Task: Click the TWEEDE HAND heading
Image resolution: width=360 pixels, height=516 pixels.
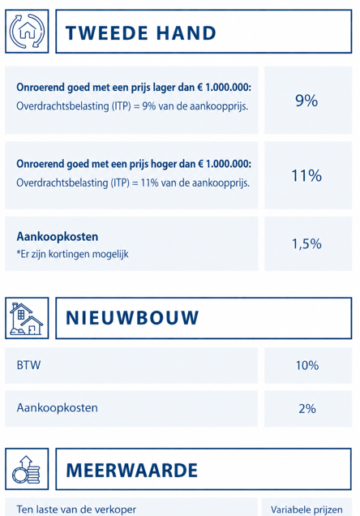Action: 141,33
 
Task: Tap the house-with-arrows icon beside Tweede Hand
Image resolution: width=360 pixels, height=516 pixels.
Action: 27,32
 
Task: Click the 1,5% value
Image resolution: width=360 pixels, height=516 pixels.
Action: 306,244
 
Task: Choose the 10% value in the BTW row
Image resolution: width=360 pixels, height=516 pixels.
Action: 307,365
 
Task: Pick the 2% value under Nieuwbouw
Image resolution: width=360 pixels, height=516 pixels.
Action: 307,409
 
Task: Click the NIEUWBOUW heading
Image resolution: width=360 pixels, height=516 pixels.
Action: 132,318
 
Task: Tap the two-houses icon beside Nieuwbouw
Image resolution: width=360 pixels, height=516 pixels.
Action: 27,319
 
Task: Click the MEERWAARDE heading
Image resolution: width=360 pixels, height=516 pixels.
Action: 131,470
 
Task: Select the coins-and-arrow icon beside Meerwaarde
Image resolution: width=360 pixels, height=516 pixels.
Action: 26,469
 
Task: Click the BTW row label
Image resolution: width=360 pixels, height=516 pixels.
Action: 28,365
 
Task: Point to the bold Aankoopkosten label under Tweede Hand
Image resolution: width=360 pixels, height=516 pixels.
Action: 58,237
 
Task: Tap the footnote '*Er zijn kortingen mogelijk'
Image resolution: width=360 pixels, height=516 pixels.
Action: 72,254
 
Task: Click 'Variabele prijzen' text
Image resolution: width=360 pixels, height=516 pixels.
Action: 306,510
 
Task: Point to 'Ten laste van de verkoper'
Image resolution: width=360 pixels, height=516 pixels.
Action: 76,510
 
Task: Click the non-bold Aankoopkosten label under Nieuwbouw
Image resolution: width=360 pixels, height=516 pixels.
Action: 58,408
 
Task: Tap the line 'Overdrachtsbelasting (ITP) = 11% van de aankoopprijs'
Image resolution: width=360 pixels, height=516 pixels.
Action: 133,183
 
